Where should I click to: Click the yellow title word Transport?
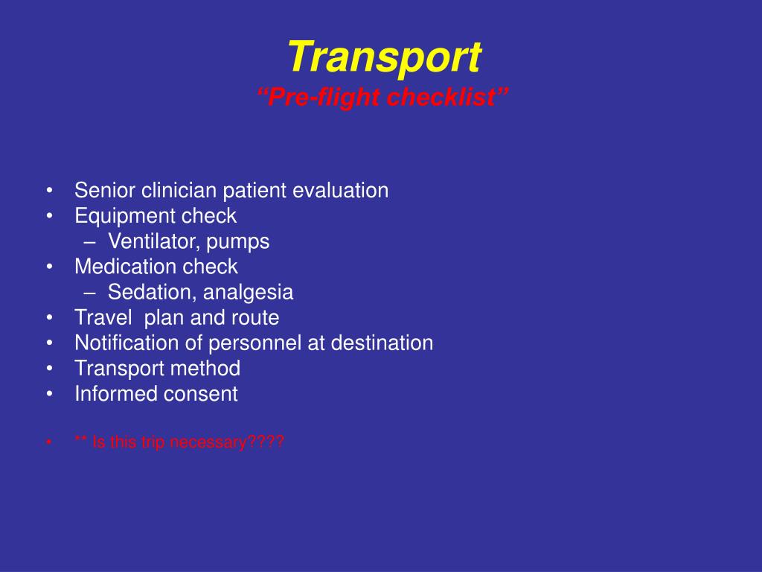coord(385,57)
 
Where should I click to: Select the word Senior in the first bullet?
coord(105,190)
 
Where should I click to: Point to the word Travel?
coord(103,317)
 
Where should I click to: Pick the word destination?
coord(382,343)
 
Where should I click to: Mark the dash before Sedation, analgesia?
coord(89,293)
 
